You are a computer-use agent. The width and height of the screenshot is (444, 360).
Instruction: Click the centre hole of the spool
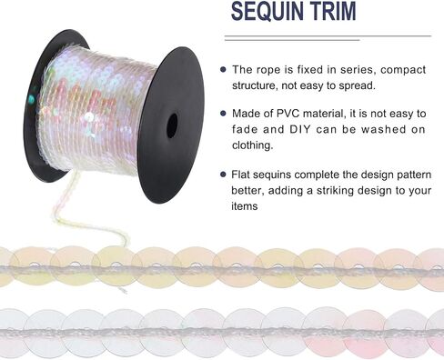pyautogui.click(x=172, y=125)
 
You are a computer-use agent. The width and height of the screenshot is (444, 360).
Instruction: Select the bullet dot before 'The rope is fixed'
pyautogui.click(x=224, y=69)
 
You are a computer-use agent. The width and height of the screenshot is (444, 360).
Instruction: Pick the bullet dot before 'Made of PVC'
pyautogui.click(x=224, y=114)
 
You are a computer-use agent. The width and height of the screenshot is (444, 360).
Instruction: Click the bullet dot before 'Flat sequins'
pyautogui.click(x=224, y=175)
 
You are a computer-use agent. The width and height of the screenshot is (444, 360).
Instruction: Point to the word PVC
pyautogui.click(x=288, y=114)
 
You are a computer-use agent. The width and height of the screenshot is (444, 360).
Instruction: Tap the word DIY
pyautogui.click(x=300, y=129)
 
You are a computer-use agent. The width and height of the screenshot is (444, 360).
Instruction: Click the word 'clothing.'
pyautogui.click(x=253, y=145)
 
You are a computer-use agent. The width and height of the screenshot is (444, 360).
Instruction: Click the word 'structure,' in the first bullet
pyautogui.click(x=255, y=85)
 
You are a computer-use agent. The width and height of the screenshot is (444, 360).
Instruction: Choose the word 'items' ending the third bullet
pyautogui.click(x=245, y=206)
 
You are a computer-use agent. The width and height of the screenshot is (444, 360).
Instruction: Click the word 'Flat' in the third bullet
pyautogui.click(x=240, y=175)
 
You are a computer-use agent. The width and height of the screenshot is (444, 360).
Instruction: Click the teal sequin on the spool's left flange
pyautogui.click(x=31, y=98)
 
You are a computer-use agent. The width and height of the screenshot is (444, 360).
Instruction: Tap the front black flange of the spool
pyautogui.click(x=171, y=125)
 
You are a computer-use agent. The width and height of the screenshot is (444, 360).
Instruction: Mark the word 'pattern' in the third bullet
pyautogui.click(x=413, y=175)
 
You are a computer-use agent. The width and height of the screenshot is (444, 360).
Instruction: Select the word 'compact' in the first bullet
pyautogui.click(x=403, y=70)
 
